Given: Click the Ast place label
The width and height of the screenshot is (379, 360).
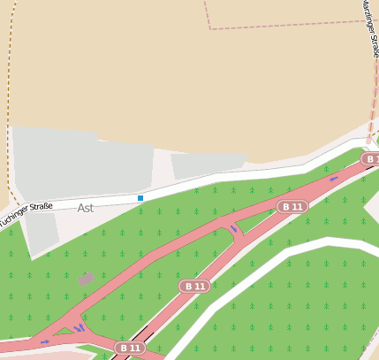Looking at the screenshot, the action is coord(86,208).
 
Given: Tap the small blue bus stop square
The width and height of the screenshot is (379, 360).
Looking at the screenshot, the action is coord(140,198).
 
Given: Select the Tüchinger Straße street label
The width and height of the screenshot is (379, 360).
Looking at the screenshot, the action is coord(27,212).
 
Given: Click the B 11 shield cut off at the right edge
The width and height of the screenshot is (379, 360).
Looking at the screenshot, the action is coord(371,158).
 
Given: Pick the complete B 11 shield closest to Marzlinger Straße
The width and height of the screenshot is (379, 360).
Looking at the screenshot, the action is coord(292,206).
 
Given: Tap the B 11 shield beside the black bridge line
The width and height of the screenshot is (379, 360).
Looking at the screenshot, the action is coord(130,348).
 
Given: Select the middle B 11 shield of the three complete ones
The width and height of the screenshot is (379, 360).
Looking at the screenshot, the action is coord(194,287).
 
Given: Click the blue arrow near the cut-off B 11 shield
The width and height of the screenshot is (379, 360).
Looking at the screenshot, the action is coord(334,178).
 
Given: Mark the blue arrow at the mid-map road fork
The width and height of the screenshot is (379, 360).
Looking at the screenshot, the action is coord(235,230).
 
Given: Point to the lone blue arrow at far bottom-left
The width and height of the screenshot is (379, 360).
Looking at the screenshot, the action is coord(44,341).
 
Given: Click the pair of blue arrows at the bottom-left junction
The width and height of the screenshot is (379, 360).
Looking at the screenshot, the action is coord(80,328).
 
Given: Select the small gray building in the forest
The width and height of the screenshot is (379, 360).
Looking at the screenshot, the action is coord(87,279).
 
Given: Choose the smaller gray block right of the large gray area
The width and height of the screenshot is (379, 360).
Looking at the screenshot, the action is coord(208,164).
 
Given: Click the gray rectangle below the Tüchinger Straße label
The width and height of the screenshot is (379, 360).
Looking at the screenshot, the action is coord(41,232).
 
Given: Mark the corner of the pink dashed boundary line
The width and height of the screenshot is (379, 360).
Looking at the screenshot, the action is coord(210,28).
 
